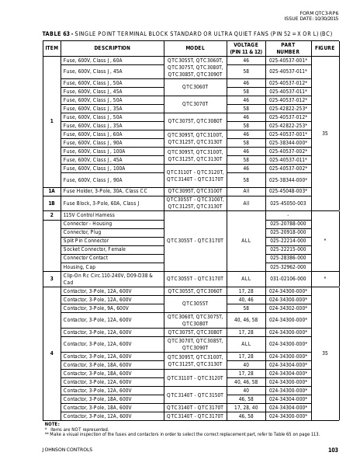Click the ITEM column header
point(51,47)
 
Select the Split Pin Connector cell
point(85,240)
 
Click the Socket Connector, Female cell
point(94,249)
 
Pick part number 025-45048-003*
point(288,190)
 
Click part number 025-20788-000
point(288,223)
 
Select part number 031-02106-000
point(288,277)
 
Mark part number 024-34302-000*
point(288,308)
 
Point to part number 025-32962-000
point(288,266)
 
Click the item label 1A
point(51,190)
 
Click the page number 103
point(333,450)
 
